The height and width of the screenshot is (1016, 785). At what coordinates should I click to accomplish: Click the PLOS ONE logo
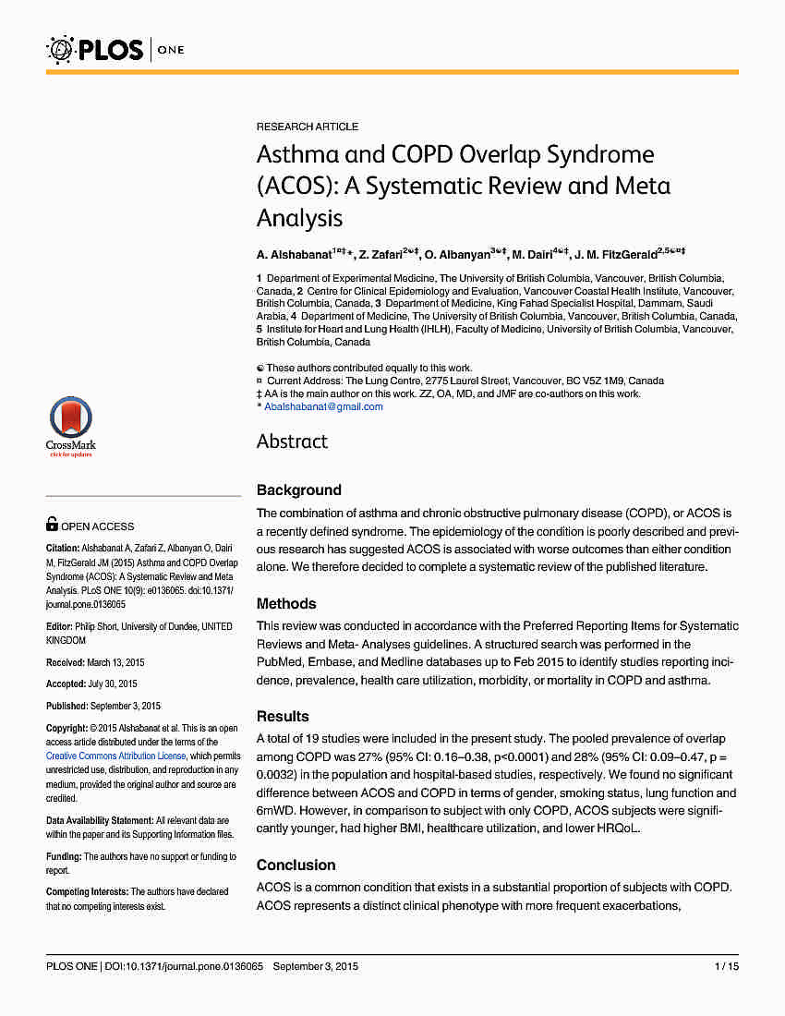click(115, 49)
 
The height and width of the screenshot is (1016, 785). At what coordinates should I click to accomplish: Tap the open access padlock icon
click(53, 525)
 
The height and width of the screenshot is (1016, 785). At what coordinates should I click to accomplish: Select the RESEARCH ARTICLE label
click(308, 127)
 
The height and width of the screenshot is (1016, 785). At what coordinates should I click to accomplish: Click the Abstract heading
click(292, 441)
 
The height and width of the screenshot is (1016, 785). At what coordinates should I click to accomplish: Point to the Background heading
click(298, 490)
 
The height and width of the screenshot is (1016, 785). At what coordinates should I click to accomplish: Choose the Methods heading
click(286, 604)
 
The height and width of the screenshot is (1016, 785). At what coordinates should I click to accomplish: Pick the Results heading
click(283, 717)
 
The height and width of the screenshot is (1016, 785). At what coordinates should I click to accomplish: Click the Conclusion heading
click(296, 865)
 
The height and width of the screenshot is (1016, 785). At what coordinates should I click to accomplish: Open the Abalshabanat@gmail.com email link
click(323, 406)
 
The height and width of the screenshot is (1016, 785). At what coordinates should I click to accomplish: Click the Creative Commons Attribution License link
click(116, 756)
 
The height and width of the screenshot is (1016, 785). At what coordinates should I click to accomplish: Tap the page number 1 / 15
click(727, 967)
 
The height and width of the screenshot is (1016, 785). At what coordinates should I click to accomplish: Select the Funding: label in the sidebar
click(64, 857)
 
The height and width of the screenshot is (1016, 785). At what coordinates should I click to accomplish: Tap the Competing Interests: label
click(88, 892)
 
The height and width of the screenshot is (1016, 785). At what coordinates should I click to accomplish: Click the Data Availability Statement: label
click(100, 820)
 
